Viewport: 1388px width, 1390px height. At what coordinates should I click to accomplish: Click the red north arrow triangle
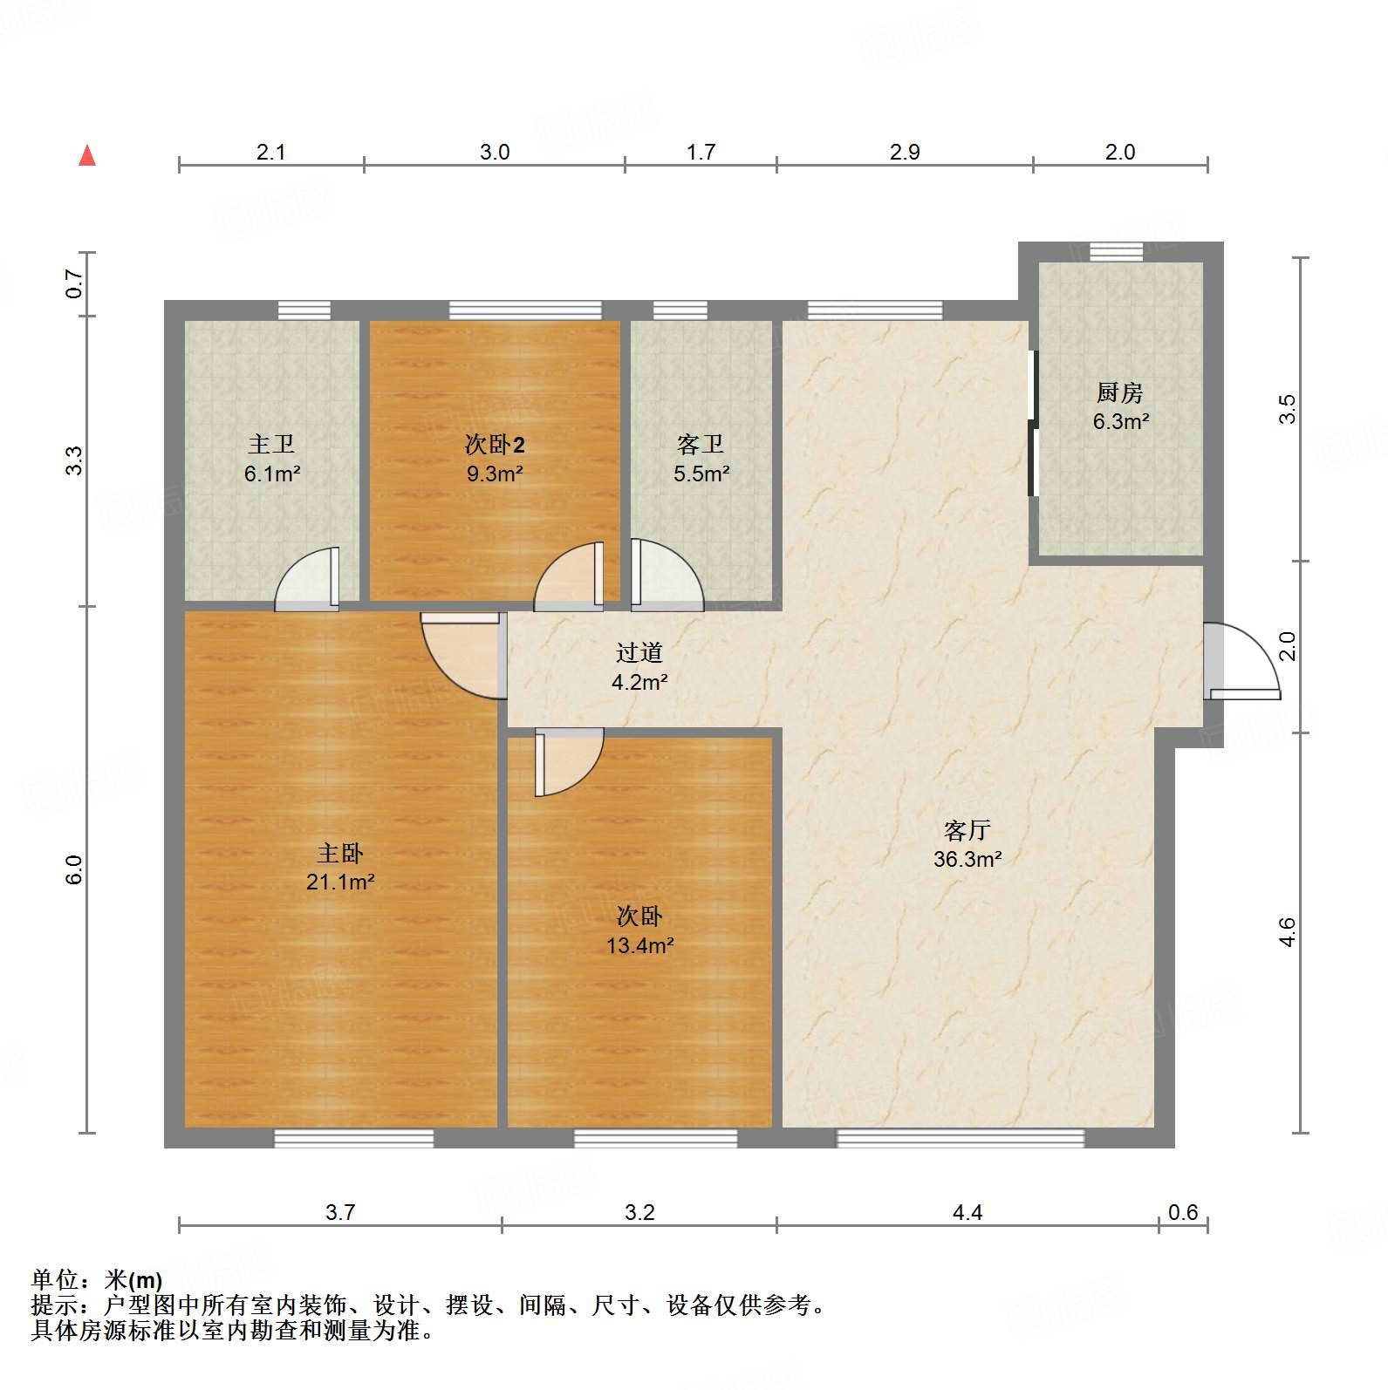click(x=87, y=156)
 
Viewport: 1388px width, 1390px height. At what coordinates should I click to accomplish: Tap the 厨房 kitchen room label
click(x=1119, y=393)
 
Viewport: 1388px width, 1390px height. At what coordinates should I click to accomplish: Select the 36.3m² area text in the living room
click(x=967, y=859)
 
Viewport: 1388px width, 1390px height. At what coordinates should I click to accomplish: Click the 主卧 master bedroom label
click(x=339, y=853)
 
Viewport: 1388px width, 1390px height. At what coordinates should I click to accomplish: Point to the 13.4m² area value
click(x=639, y=945)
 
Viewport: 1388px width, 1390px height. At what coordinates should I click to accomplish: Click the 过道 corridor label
click(x=639, y=652)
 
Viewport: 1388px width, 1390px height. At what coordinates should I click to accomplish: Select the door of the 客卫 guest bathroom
click(x=665, y=575)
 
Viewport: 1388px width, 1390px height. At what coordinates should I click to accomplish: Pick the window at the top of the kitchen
click(x=1116, y=251)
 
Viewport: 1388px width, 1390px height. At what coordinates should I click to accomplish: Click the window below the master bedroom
click(x=353, y=1137)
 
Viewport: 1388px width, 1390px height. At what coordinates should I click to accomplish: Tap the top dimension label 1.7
click(x=701, y=153)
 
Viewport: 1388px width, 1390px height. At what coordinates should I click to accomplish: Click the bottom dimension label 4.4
click(x=967, y=1212)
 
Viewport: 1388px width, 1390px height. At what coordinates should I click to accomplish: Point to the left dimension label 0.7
click(x=74, y=284)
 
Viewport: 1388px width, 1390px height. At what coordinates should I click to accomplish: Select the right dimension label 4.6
click(x=1287, y=931)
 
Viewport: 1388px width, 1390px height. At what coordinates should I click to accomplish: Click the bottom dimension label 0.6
click(x=1182, y=1212)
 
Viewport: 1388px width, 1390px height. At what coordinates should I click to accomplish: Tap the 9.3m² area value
click(x=494, y=474)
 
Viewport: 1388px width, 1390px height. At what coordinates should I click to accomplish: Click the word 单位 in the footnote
click(x=56, y=1279)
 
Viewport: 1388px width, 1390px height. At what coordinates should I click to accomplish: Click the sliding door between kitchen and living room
click(x=1033, y=424)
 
